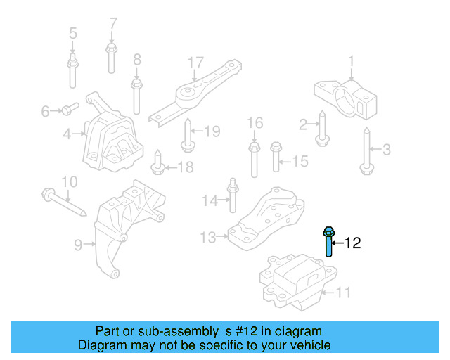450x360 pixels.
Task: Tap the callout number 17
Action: pyautogui.click(x=195, y=63)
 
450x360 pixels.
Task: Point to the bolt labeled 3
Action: pyautogui.click(x=366, y=149)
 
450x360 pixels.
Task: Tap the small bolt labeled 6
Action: pyautogui.click(x=67, y=109)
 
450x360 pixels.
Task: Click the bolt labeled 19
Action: pyautogui.click(x=188, y=136)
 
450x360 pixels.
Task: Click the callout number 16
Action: pyautogui.click(x=255, y=124)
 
